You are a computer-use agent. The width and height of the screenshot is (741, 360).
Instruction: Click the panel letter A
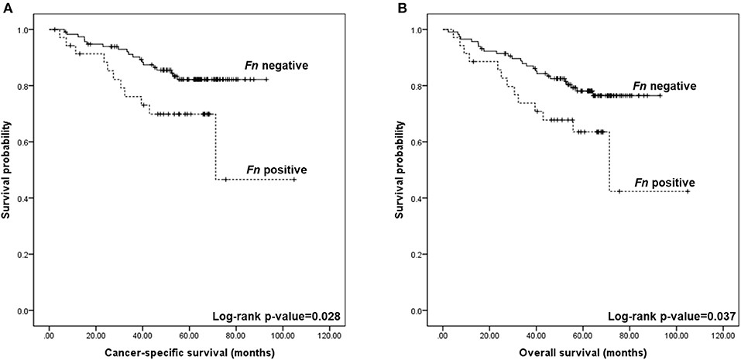pyautogui.click(x=6, y=6)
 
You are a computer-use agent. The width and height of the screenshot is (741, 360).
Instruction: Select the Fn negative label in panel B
pyautogui.click(x=664, y=85)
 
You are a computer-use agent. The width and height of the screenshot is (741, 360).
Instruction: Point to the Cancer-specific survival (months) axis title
pyautogui.click(x=189, y=352)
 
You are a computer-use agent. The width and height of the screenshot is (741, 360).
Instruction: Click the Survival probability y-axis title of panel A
pyautogui.click(x=7, y=170)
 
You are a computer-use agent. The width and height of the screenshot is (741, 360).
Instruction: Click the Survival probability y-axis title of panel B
pyautogui.click(x=401, y=170)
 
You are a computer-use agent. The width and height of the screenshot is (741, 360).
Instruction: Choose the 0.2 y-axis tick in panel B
pyautogui.click(x=424, y=255)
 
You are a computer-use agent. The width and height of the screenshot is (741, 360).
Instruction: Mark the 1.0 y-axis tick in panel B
pyautogui.click(x=424, y=30)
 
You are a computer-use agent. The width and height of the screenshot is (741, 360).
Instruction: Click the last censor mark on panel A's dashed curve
pyautogui.click(x=294, y=180)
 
